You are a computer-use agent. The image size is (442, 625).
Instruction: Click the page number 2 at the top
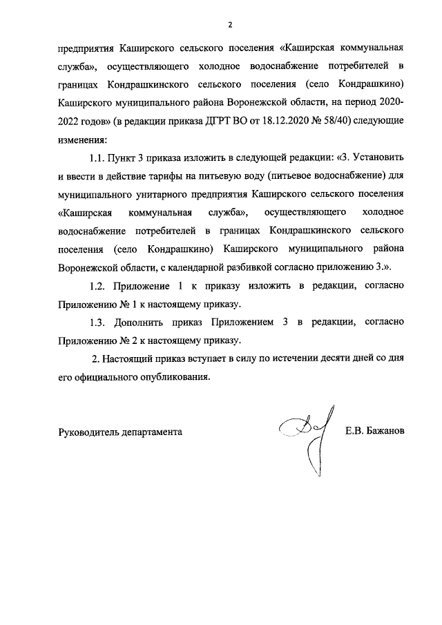(x=231, y=25)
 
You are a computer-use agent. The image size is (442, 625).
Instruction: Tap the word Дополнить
(x=146, y=323)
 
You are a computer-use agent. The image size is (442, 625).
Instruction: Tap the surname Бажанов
(x=386, y=432)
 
